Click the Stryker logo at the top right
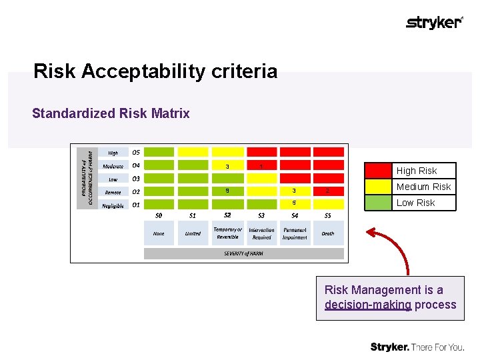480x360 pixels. [434, 23]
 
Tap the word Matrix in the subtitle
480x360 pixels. [172, 113]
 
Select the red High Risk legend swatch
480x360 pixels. [378, 171]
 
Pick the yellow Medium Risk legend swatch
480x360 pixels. [378, 187]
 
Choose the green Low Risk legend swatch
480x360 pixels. [378, 203]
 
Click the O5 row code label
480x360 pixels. [136, 151]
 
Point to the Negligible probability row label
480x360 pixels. [113, 206]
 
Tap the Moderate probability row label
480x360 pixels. [113, 166]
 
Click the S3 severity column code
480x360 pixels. [261, 215]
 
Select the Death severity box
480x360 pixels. [328, 233]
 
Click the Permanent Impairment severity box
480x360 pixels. [295, 233]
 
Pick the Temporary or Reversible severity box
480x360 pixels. [227, 233]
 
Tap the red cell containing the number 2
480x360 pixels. [328, 191]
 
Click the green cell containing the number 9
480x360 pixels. [227, 191]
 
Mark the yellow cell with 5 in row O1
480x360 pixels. [295, 203]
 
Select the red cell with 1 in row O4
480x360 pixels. [261, 165]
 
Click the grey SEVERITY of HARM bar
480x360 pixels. [244, 253]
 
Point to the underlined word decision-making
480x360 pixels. [368, 305]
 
